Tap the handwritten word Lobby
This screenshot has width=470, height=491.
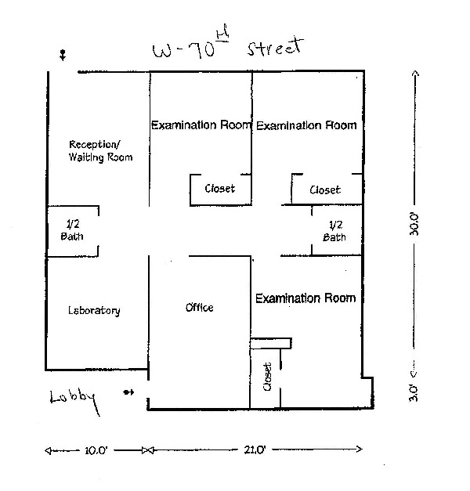pos(76,400)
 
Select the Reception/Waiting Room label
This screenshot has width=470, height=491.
pos(100,150)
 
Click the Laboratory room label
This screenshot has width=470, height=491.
pos(95,311)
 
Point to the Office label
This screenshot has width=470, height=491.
pos(199,308)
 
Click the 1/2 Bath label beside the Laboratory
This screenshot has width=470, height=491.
pos(71,229)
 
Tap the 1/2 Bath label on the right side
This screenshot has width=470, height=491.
pos(335,230)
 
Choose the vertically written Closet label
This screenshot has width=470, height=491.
pos(268,377)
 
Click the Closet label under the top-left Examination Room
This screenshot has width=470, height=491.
pos(220,189)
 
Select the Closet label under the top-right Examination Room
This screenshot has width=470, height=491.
pos(325,190)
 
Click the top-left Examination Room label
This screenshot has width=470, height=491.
pos(201,125)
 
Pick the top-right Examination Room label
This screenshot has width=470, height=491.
pos(306,125)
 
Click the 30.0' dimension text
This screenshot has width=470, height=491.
pos(416,224)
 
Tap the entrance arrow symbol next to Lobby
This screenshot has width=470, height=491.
pos(129,392)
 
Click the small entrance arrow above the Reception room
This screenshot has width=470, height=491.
pos(63,55)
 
